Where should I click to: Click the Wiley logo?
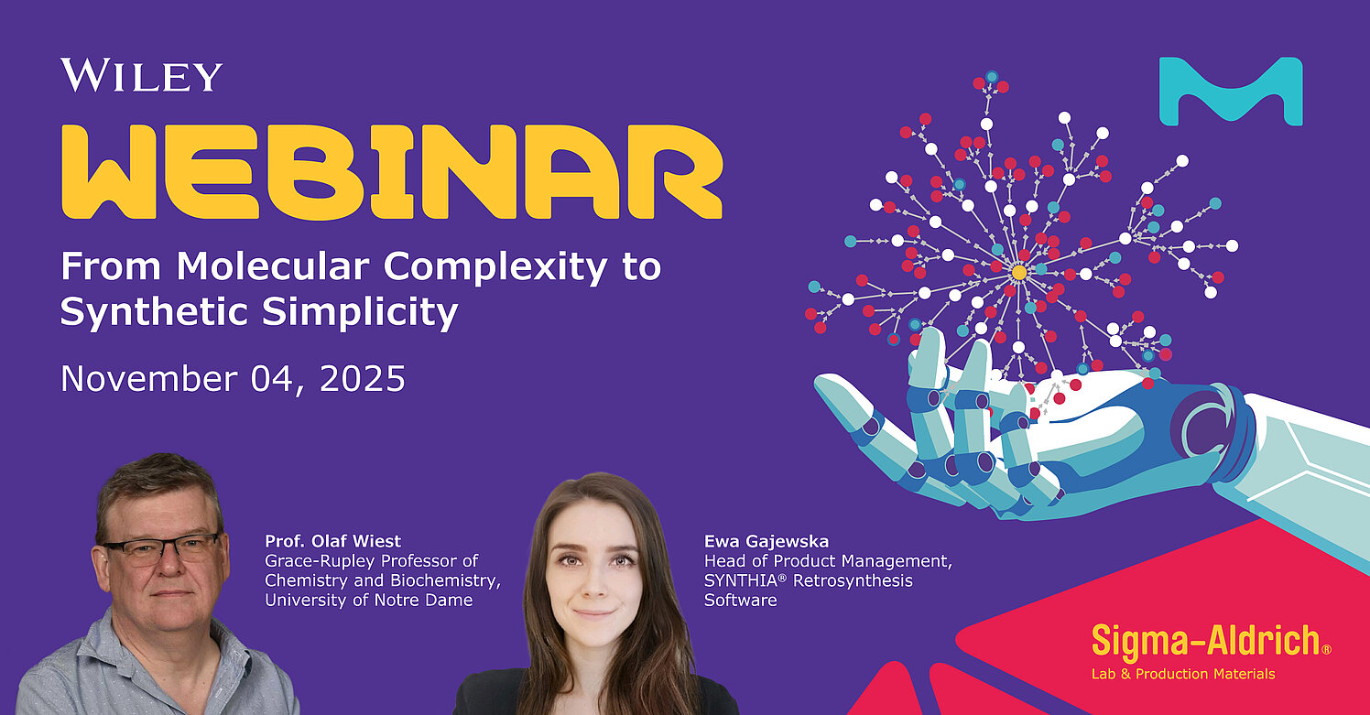141,75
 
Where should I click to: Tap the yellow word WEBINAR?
392,172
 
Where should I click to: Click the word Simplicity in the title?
360,312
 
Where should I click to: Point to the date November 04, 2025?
233,379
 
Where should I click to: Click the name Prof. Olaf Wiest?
332,541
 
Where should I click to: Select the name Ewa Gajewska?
767,542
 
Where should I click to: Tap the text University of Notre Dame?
369,600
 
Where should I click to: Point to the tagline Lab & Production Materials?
1183,674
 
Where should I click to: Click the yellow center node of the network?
1019,272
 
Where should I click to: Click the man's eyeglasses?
161,548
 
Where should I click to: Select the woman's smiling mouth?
593,612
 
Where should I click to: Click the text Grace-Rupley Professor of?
371,561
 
